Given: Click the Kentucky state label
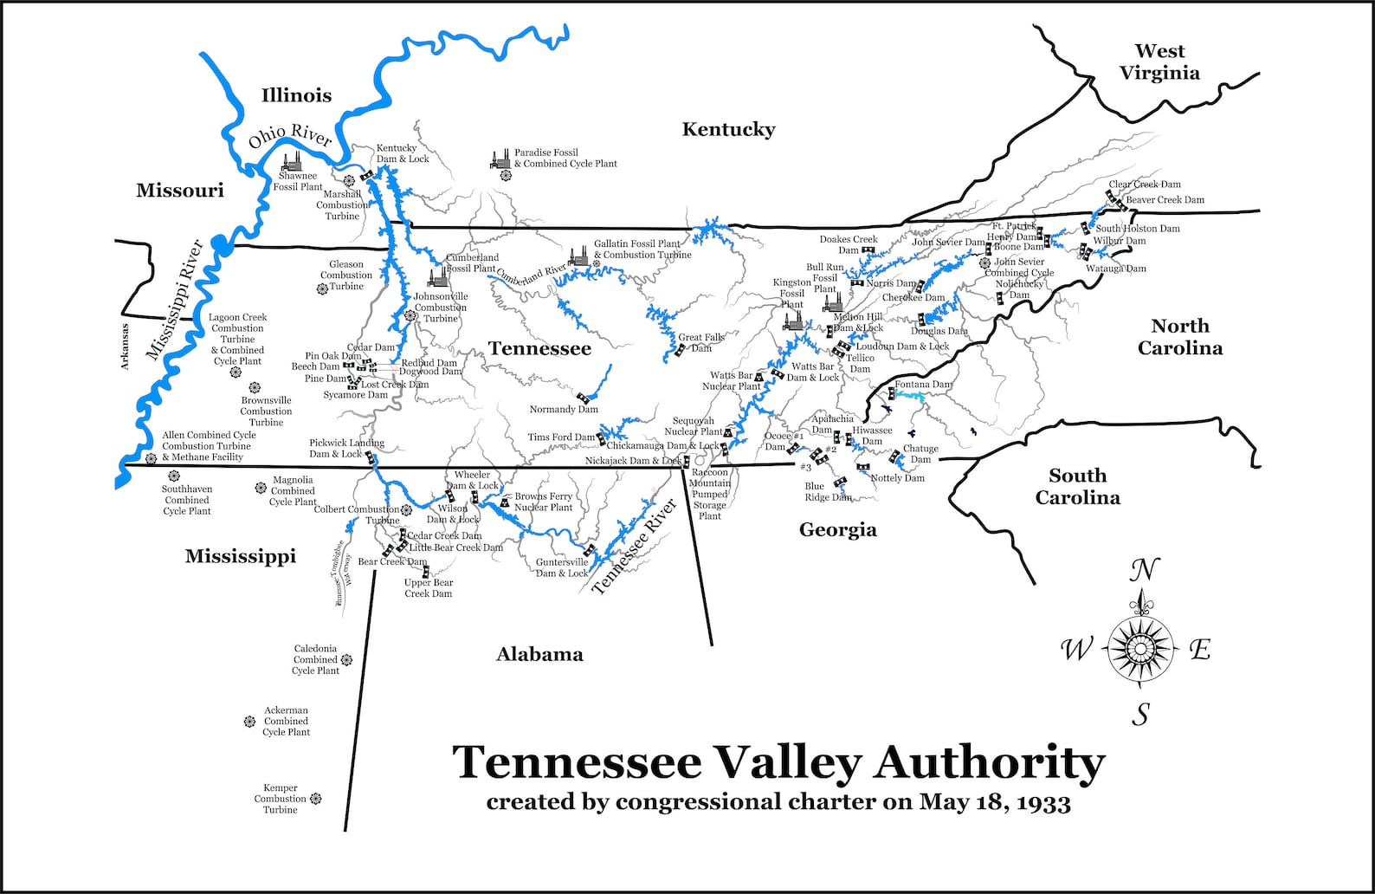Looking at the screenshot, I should point(728,130).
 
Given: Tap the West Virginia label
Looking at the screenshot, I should point(1159,62).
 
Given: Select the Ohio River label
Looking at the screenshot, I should point(290,136).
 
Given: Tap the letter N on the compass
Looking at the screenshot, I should point(1144,571).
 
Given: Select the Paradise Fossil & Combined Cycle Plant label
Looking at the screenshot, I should point(565,158).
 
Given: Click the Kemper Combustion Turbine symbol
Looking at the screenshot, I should point(315,799).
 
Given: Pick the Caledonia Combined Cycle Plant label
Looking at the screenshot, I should point(315,659).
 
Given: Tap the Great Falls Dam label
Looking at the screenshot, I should point(700,343).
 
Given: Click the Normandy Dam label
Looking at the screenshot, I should point(564,410).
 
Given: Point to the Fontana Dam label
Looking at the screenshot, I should point(923,385).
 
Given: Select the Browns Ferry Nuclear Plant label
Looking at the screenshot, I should point(543,502).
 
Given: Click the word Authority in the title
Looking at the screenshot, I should point(990,763).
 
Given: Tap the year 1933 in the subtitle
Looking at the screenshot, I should point(1043,802).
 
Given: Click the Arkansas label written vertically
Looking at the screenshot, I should point(124,347).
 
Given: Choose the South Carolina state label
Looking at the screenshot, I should point(1077,486).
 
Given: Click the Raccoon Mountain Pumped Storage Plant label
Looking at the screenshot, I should point(709,495).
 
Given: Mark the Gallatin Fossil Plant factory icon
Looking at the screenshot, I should point(578,256).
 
